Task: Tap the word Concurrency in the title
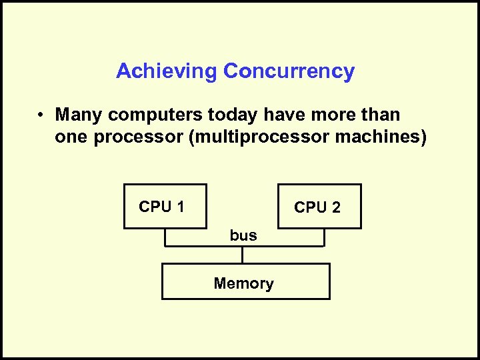click(x=289, y=71)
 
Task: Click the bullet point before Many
click(x=41, y=115)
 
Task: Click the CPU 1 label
click(x=161, y=207)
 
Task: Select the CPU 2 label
click(x=317, y=208)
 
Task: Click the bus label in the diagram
click(x=243, y=235)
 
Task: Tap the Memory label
click(x=244, y=283)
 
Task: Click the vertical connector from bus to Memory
click(x=243, y=255)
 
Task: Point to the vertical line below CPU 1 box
click(x=165, y=238)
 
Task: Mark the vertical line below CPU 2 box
click(x=324, y=238)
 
